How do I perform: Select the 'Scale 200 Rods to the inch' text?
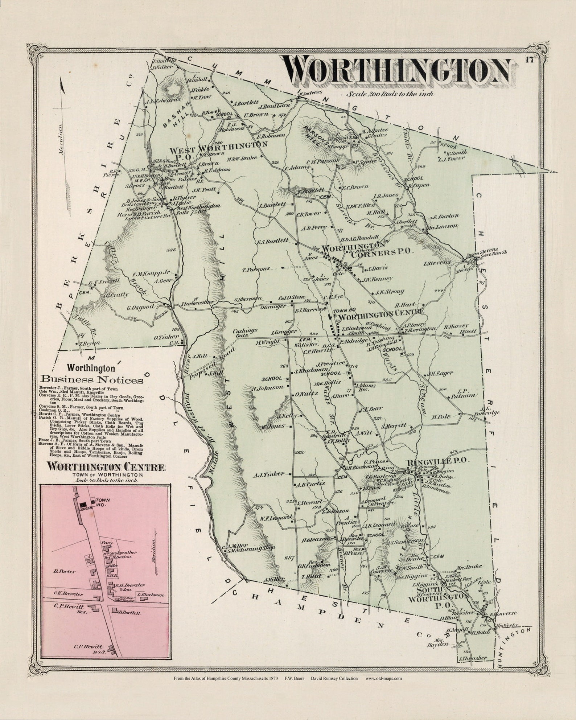[390, 94]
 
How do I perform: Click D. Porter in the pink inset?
[65, 571]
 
